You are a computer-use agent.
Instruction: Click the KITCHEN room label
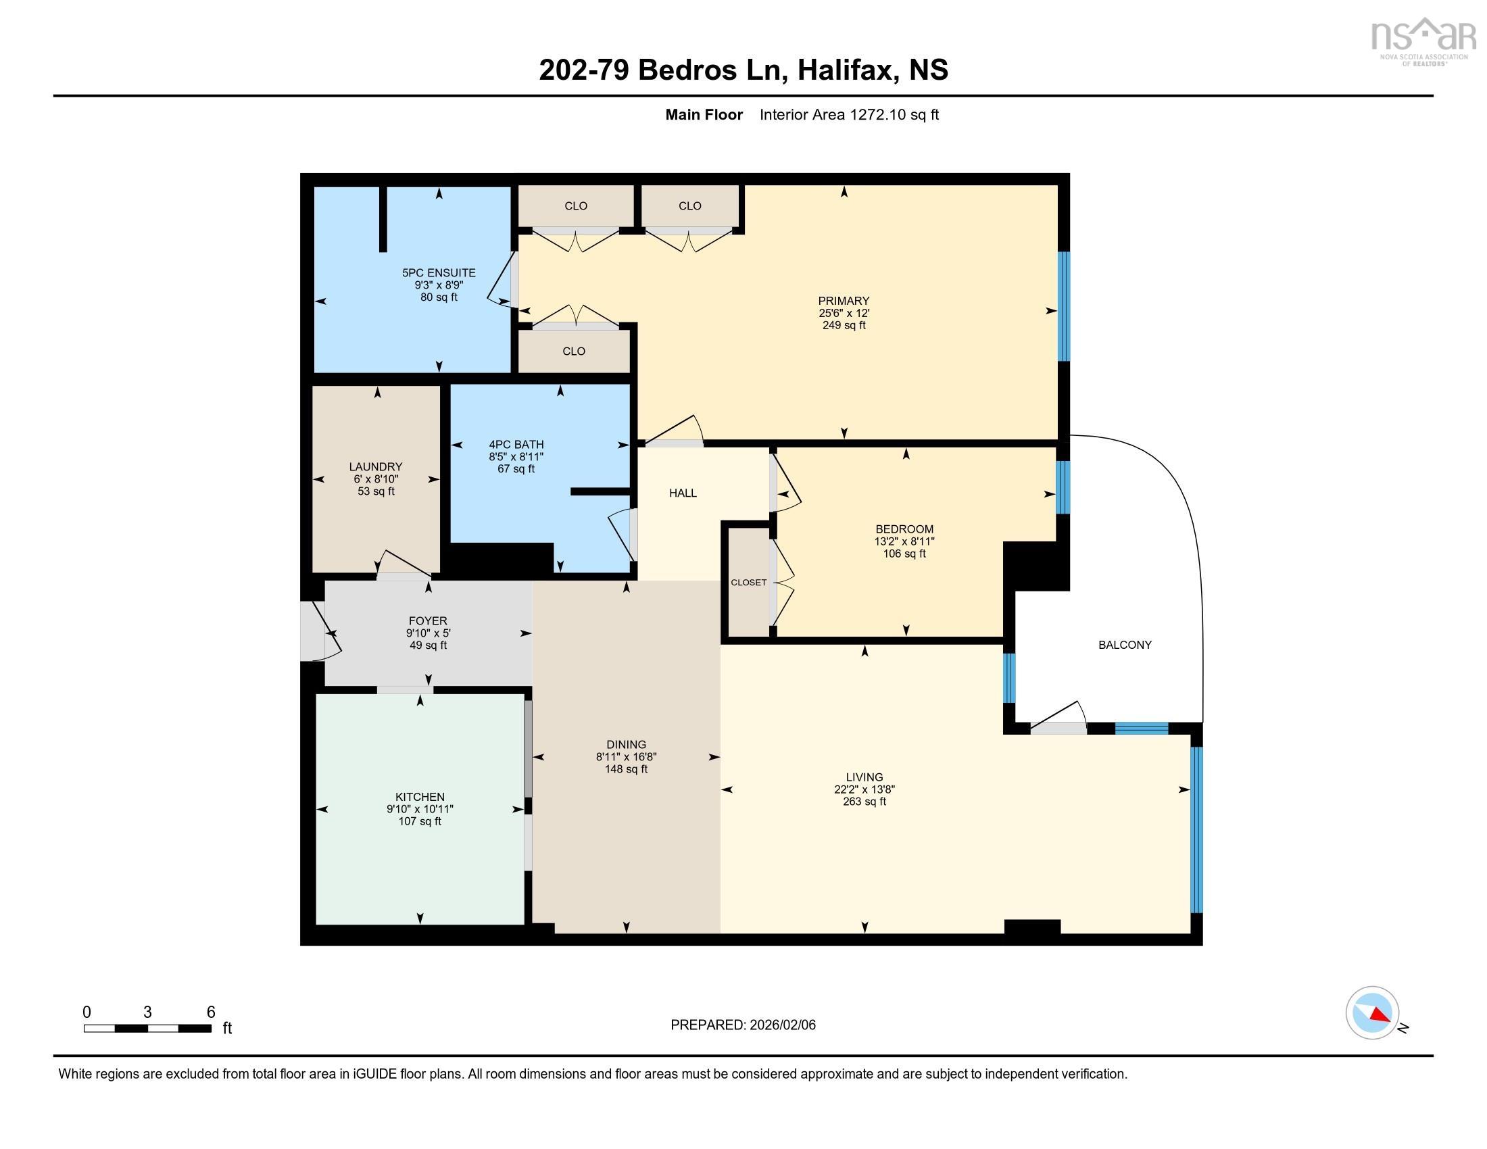click(420, 796)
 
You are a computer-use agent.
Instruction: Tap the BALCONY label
click(1125, 645)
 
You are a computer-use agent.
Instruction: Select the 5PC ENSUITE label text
click(439, 273)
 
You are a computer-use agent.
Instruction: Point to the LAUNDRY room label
click(376, 466)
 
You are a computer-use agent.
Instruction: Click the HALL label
click(682, 493)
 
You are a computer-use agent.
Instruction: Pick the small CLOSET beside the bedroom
click(748, 582)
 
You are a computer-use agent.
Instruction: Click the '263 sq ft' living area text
click(864, 801)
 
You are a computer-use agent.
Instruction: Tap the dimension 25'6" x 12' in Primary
click(844, 313)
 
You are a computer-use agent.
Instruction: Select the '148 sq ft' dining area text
click(626, 769)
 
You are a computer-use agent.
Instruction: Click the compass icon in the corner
click(1372, 1012)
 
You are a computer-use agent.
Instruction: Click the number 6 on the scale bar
click(211, 1012)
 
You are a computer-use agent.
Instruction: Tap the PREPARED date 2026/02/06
click(781, 1025)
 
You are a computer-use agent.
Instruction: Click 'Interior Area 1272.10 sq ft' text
click(849, 114)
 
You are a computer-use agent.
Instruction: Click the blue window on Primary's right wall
click(1063, 306)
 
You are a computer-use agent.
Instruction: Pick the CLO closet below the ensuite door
click(574, 351)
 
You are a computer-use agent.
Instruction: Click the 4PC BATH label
click(516, 445)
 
